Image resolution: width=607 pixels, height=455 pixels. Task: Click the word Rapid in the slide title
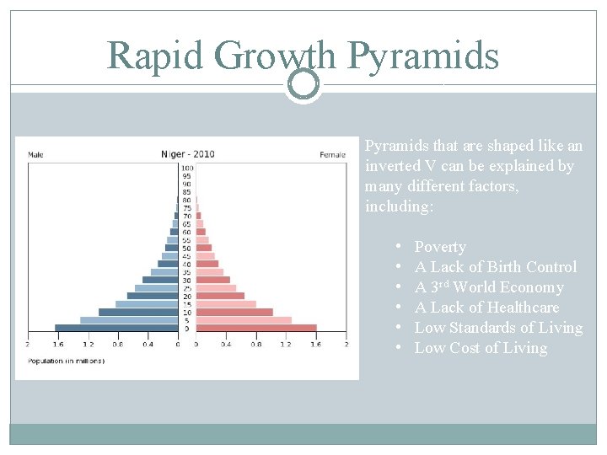point(155,56)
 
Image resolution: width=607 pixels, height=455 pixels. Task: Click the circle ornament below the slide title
point(303,84)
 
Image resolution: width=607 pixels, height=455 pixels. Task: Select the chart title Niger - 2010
point(187,154)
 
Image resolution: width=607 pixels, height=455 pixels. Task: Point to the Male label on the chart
point(35,155)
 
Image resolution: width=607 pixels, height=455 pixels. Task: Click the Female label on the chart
point(332,155)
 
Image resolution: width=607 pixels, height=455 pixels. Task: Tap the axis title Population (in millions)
point(67,361)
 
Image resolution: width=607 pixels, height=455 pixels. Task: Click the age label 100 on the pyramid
point(187,169)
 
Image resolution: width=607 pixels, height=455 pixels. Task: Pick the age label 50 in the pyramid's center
point(187,249)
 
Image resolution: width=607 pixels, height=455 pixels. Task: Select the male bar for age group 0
point(116,329)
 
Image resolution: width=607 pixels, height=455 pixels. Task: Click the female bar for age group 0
point(256,329)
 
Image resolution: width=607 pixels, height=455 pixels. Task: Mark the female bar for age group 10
point(234,313)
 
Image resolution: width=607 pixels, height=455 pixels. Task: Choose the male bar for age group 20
point(153,297)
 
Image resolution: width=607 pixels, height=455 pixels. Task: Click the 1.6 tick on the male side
point(57,344)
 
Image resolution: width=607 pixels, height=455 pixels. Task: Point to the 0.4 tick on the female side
point(226,344)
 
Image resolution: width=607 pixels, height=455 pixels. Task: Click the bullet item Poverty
point(440,247)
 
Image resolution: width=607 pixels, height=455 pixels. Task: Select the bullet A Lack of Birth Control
point(496,267)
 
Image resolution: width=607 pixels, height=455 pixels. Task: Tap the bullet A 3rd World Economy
point(489,287)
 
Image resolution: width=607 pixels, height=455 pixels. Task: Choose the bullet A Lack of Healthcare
point(486,308)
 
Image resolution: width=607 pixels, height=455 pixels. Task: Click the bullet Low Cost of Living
point(481,348)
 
